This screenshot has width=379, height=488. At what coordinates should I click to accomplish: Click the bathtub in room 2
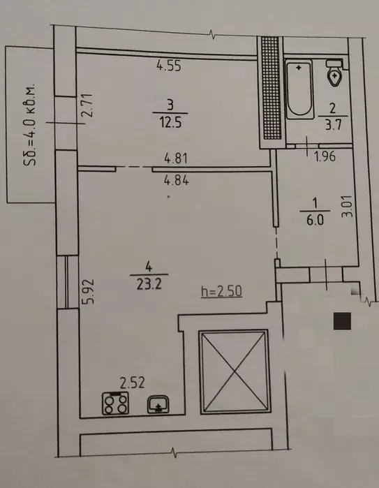299,89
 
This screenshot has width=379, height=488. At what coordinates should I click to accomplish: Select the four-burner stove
115,404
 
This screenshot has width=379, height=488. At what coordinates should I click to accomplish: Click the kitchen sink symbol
158,404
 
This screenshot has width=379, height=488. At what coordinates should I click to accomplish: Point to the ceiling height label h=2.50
221,292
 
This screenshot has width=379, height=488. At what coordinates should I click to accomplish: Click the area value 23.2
149,284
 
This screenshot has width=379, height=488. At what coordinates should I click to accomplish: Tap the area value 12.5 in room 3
170,122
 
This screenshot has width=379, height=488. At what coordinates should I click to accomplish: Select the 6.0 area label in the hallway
315,220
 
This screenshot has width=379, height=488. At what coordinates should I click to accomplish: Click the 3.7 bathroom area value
333,124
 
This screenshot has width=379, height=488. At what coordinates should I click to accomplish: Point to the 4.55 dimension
169,66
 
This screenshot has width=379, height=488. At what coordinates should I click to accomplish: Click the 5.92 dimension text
89,291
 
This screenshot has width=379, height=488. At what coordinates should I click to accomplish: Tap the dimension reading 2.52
133,383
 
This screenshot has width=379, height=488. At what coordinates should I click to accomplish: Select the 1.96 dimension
325,156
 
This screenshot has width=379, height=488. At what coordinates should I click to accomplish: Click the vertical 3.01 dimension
348,207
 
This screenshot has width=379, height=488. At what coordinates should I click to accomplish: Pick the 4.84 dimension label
177,180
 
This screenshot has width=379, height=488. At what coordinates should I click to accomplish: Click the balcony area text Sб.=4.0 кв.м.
30,124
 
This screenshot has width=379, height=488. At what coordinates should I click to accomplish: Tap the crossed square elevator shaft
234,371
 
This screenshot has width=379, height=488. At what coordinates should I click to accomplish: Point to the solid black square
342,321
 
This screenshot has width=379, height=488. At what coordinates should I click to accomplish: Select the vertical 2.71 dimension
87,105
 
